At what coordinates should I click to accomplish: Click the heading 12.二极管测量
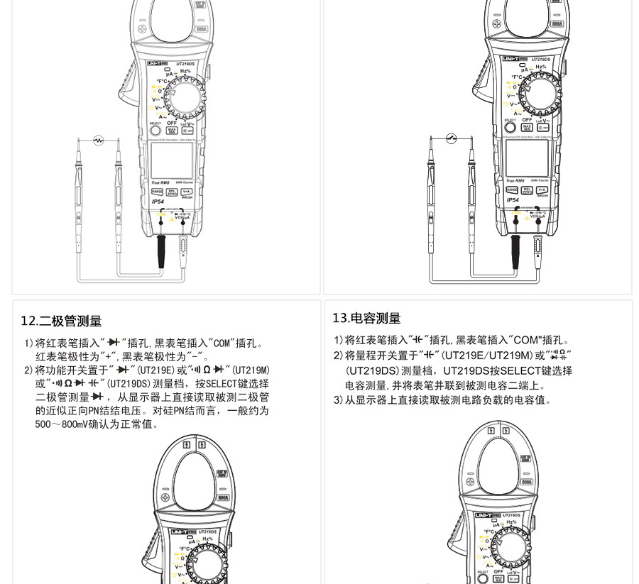click(x=61, y=321)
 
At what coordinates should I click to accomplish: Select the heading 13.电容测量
click(x=366, y=319)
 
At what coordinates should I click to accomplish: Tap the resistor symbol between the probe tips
click(x=98, y=141)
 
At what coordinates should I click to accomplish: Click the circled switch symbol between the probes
click(x=451, y=138)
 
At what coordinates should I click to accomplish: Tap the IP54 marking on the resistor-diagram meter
click(x=158, y=202)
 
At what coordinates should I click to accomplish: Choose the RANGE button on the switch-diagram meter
click(x=512, y=189)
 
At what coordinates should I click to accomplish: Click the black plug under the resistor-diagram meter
click(x=162, y=252)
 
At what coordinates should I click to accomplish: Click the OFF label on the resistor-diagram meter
click(x=172, y=123)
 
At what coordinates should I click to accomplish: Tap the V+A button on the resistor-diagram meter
click(x=187, y=192)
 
